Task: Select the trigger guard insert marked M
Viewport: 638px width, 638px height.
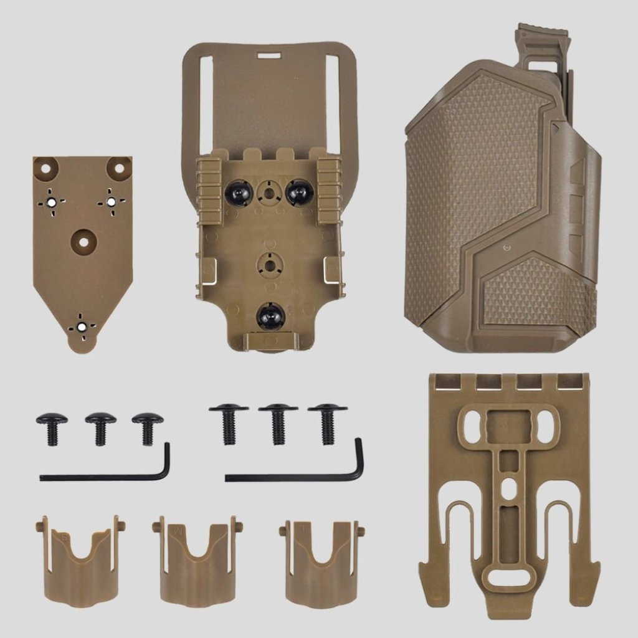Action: [x=197, y=564]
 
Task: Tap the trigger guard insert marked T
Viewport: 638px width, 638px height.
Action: [x=321, y=564]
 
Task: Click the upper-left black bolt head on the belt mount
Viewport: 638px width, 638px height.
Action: [x=238, y=193]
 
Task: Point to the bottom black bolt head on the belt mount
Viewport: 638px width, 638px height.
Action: [x=270, y=317]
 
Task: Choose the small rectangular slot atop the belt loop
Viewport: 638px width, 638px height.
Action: [x=269, y=55]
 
